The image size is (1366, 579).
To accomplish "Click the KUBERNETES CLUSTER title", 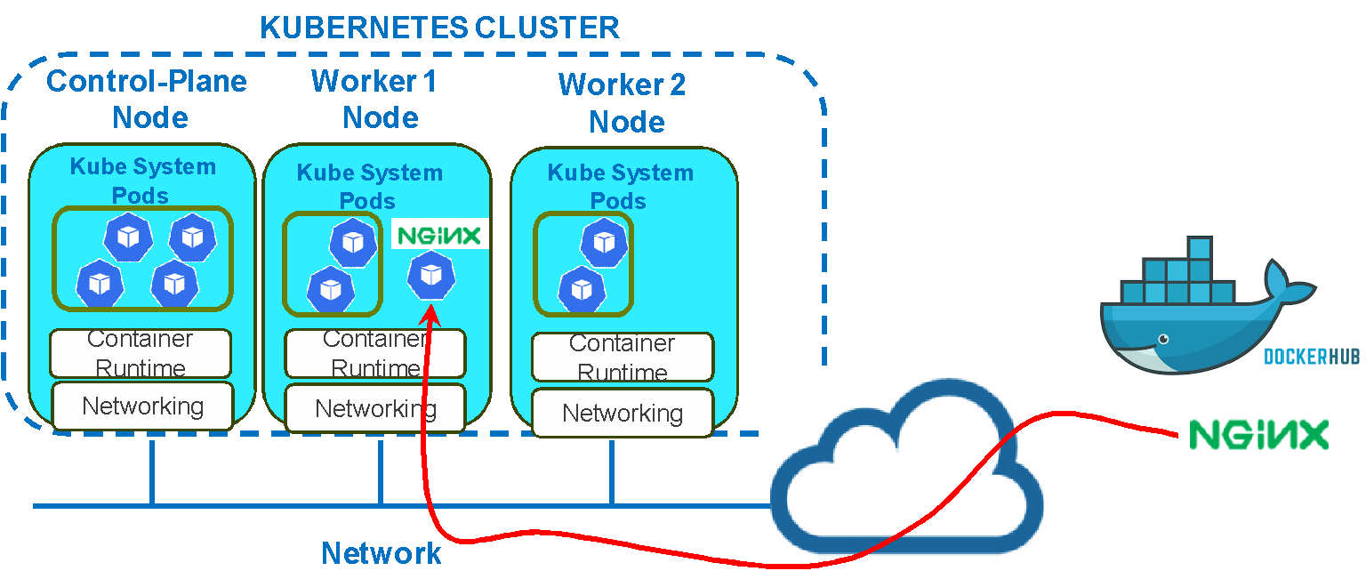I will click(439, 28).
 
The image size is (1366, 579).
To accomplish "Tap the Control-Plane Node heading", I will click(147, 99).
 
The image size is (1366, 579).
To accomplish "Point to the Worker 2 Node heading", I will click(623, 102).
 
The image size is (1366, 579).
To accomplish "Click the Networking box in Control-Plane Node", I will click(142, 406).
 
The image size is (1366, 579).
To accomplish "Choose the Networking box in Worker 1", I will click(375, 409).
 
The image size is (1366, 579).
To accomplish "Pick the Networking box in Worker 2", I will click(623, 413).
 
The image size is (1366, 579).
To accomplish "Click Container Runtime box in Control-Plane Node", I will click(141, 353).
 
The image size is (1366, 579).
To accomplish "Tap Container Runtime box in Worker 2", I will click(623, 357).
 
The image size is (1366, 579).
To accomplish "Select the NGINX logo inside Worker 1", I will click(439, 236).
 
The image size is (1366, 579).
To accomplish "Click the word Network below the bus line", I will click(381, 553).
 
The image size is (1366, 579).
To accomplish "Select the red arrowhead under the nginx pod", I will click(431, 311).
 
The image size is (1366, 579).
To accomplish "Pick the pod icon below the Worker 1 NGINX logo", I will click(431, 275).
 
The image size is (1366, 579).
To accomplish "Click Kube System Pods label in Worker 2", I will click(620, 186).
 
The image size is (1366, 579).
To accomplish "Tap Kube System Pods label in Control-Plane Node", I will click(142, 180).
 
